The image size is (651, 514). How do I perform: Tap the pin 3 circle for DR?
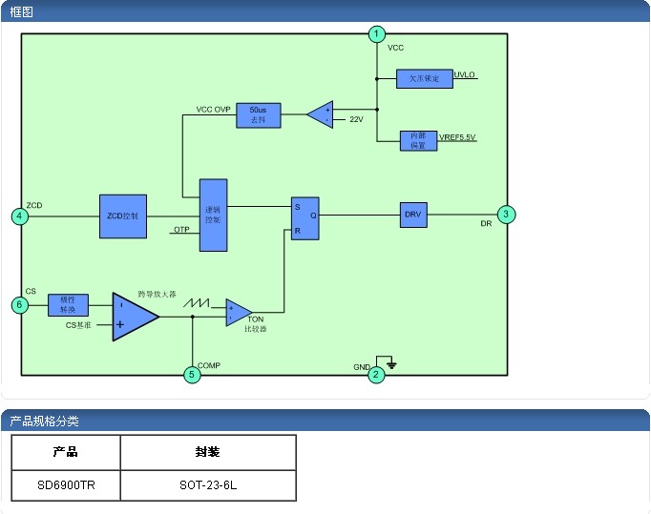[x=507, y=215]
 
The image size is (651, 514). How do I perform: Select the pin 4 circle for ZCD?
[x=20, y=216]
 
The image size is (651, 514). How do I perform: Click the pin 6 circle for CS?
[x=20, y=305]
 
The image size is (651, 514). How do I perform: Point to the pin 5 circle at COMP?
[x=192, y=375]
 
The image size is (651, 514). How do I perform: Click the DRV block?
[x=413, y=215]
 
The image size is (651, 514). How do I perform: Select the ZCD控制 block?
[x=122, y=216]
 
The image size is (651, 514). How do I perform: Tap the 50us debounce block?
[x=259, y=115]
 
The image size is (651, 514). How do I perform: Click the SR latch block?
[x=304, y=218]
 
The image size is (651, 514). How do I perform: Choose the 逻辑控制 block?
[x=213, y=216]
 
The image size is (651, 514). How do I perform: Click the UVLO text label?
[x=465, y=74]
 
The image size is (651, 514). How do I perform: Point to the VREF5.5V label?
[x=457, y=138]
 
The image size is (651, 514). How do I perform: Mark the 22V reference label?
[x=356, y=120]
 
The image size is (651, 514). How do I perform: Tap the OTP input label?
[x=181, y=230]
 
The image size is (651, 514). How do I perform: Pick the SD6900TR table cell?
[x=66, y=485]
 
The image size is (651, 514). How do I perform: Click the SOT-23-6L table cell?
[x=207, y=485]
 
